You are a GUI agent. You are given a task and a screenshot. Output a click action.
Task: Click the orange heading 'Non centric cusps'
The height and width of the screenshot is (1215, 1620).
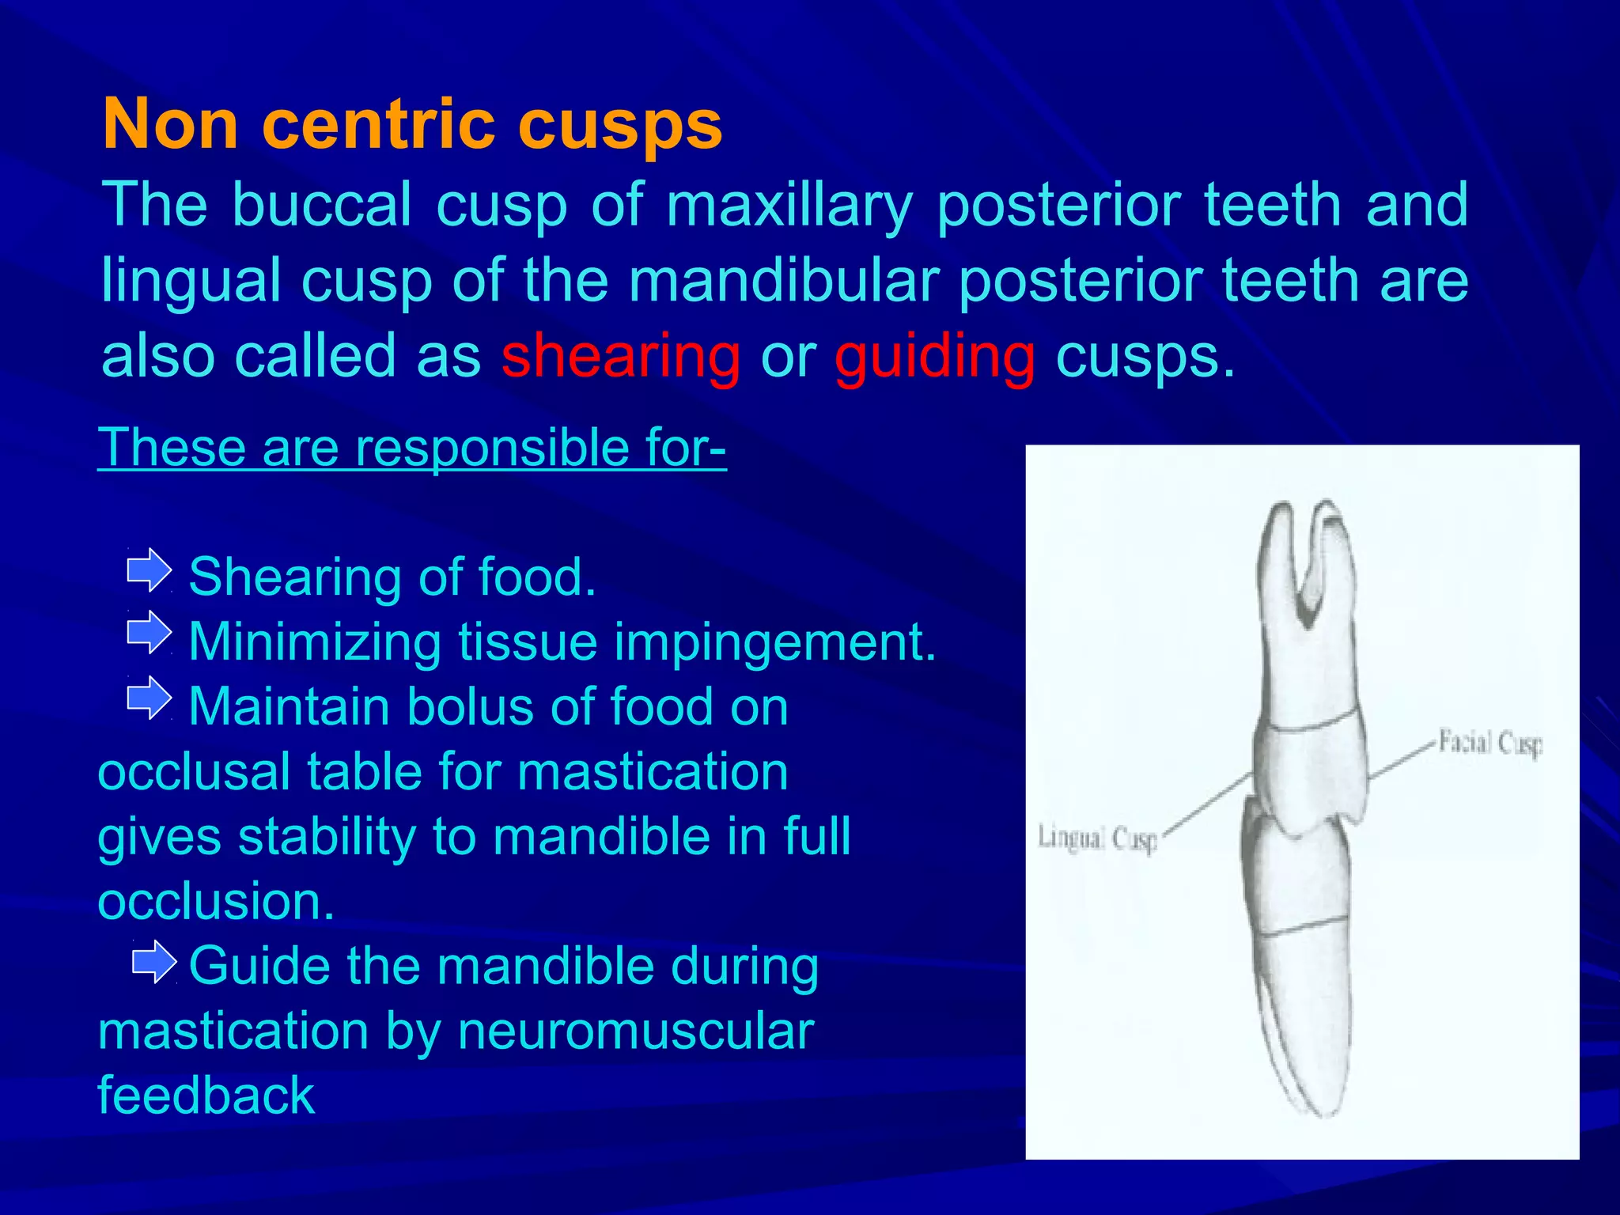point(412,124)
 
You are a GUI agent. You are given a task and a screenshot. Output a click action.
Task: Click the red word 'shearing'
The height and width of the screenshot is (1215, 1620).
point(621,356)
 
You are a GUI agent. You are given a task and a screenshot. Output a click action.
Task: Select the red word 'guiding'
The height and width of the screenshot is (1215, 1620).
point(935,356)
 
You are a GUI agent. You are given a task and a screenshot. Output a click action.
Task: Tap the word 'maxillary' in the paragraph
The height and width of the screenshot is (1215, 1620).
point(789,205)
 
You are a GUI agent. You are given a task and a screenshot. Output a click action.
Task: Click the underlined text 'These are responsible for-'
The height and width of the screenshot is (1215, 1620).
point(411,448)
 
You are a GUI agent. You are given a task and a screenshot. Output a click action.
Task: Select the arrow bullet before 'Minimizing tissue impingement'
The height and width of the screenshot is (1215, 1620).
point(149,634)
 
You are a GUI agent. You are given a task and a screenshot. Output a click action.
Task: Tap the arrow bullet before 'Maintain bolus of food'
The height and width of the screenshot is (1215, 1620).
point(149,698)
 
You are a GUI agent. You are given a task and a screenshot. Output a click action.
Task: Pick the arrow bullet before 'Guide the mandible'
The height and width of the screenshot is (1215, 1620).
point(153,962)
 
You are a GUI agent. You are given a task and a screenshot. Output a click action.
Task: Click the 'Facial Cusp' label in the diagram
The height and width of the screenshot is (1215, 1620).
point(1489,744)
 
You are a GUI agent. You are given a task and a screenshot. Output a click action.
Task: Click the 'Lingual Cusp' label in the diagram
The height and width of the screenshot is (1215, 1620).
point(1097,838)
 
